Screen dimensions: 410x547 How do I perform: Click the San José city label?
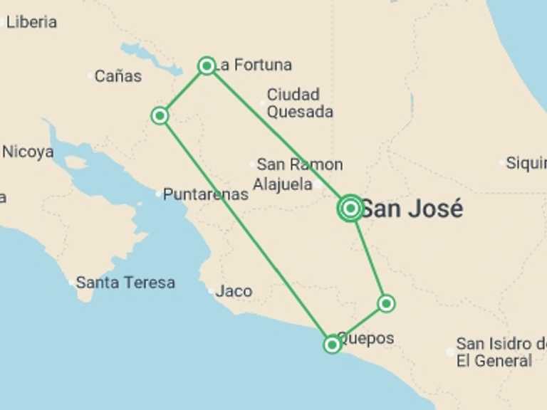[x=412, y=209]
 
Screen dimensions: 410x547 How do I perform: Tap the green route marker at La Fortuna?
[x=207, y=66]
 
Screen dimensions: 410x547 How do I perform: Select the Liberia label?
[x=31, y=22]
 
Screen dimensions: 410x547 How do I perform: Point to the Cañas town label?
[x=118, y=76]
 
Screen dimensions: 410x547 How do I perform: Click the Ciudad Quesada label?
[x=300, y=103]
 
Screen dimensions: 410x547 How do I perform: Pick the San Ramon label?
[x=300, y=164]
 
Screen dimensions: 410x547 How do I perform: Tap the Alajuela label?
[x=283, y=184]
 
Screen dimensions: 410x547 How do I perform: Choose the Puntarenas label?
[x=206, y=194]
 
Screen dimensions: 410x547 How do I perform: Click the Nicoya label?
[x=28, y=152]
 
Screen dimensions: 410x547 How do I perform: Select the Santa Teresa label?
[x=125, y=283]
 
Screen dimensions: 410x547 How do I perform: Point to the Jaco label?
[x=234, y=291]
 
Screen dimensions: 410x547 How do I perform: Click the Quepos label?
[x=366, y=338]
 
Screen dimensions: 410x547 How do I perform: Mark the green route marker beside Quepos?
[x=332, y=345]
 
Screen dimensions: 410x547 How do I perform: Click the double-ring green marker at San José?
[x=350, y=208]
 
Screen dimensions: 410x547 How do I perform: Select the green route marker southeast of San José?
[x=386, y=304]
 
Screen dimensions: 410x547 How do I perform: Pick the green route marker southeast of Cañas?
[x=160, y=115]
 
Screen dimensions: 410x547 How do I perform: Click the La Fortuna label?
[x=254, y=65]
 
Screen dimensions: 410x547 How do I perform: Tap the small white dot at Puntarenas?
[x=159, y=194]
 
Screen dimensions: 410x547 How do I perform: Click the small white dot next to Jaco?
[x=211, y=291]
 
